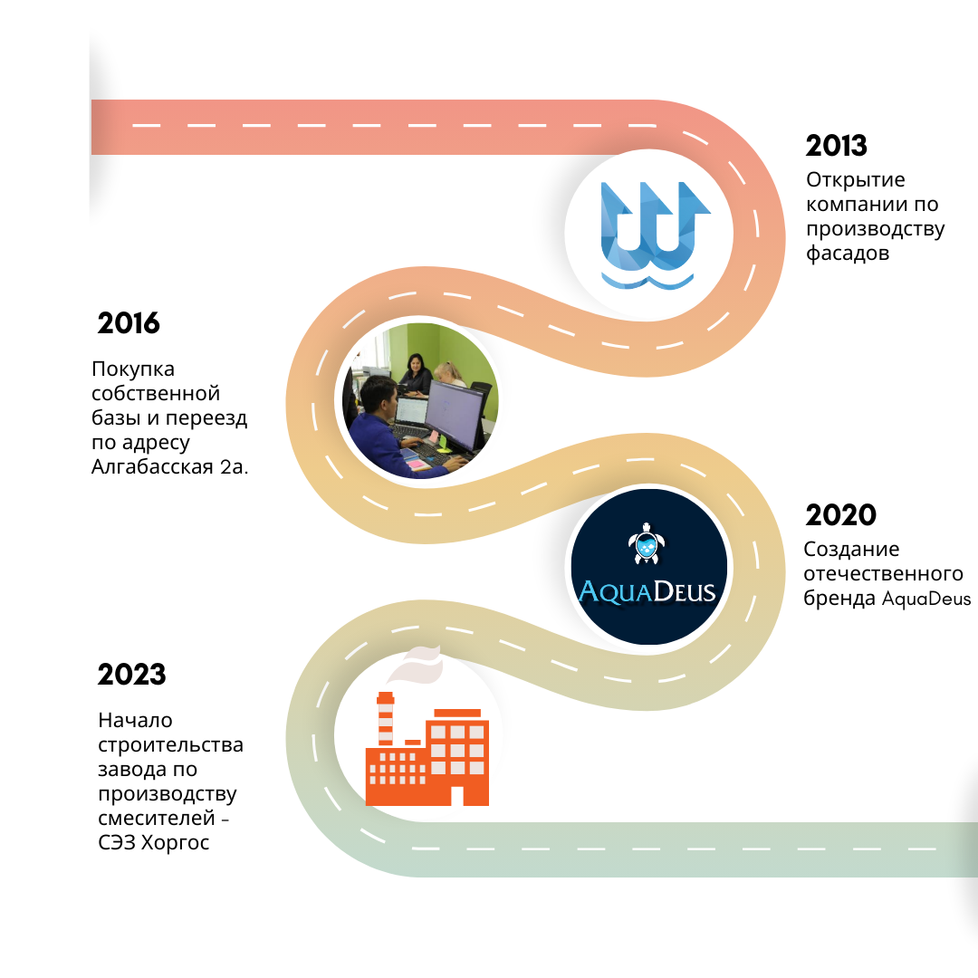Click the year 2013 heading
pyautogui.click(x=836, y=145)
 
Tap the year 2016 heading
pyautogui.click(x=129, y=323)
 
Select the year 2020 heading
pyautogui.click(x=840, y=515)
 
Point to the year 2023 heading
pyautogui.click(x=131, y=675)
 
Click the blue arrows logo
pyautogui.click(x=652, y=235)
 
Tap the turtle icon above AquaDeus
pyautogui.click(x=647, y=543)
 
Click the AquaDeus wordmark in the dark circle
pyautogui.click(x=647, y=591)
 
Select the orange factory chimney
pyautogui.click(x=386, y=718)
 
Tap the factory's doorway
pyautogui.click(x=457, y=796)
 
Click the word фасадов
pyautogui.click(x=847, y=254)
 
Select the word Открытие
pyautogui.click(x=855, y=179)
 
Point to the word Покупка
pyautogui.click(x=133, y=369)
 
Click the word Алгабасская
pyautogui.click(x=152, y=466)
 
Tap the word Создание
pyautogui.click(x=851, y=549)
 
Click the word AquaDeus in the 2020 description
pyautogui.click(x=926, y=599)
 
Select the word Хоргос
pyautogui.click(x=176, y=843)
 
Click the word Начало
pyautogui.click(x=135, y=721)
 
